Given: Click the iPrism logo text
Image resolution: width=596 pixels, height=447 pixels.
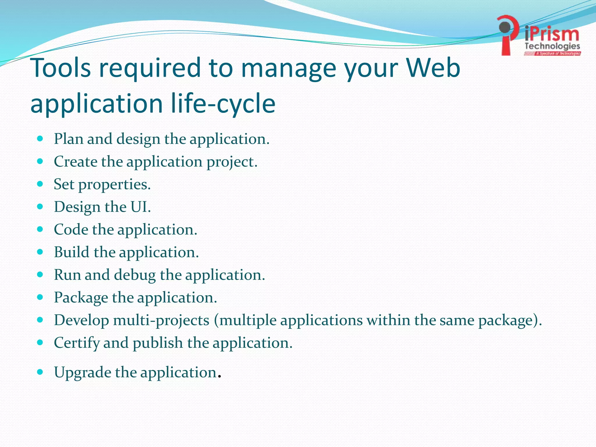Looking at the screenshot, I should click(x=552, y=34).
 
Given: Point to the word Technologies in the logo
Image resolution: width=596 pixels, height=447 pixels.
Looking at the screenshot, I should click(x=552, y=46).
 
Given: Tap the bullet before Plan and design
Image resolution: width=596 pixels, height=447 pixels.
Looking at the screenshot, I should click(x=40, y=138).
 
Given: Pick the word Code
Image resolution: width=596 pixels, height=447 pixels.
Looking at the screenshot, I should click(x=71, y=230).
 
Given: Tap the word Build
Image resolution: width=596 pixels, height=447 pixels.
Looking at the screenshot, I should click(x=72, y=252).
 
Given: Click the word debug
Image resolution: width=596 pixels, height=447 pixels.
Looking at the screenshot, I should click(x=135, y=275).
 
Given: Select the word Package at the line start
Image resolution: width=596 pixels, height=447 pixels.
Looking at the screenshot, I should click(x=81, y=298).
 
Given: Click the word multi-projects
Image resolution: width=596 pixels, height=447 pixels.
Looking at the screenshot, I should click(x=161, y=320).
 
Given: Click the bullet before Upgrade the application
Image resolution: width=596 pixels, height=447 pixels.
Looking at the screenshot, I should click(x=40, y=372).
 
